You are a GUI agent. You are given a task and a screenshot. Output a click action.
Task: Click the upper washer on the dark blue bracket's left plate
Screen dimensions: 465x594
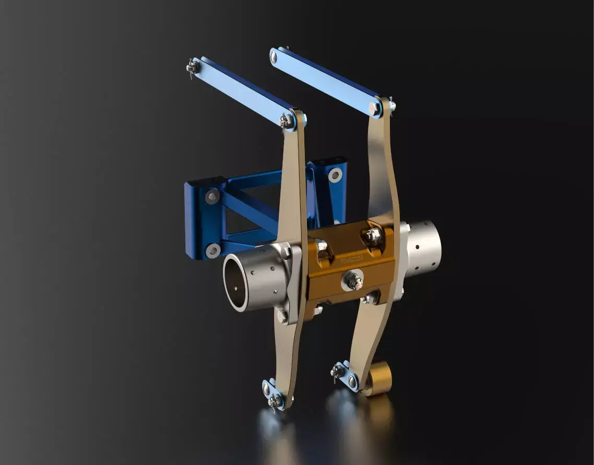[212, 197]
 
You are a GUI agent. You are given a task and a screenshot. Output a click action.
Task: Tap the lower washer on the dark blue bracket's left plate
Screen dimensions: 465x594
[213, 251]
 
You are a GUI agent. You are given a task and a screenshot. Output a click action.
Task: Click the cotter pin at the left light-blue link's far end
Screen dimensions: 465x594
[192, 68]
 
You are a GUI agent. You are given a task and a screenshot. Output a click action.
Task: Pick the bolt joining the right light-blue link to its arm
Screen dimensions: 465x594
[374, 109]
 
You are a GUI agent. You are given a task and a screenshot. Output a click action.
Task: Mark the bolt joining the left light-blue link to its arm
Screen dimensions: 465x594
[287, 122]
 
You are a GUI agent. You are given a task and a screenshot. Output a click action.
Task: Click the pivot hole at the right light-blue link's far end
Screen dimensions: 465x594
[274, 56]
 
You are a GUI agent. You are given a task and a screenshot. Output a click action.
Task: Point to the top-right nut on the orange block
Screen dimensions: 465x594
[373, 236]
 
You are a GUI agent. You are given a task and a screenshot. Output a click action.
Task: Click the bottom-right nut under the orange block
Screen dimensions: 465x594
[370, 299]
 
